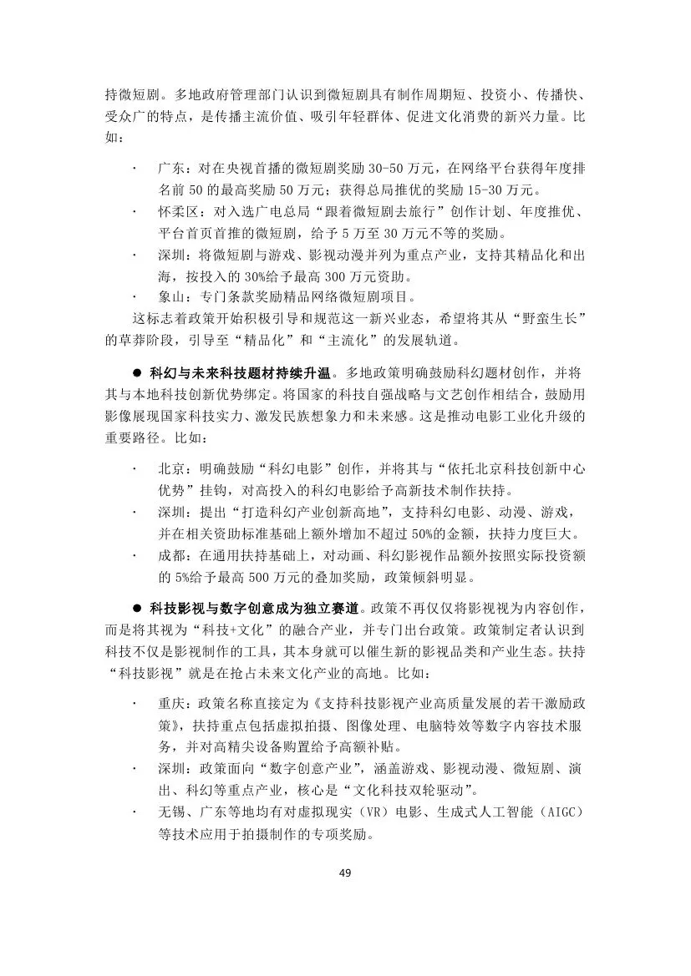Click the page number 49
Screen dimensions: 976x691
[x=345, y=873]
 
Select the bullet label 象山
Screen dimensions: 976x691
[x=170, y=296]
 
